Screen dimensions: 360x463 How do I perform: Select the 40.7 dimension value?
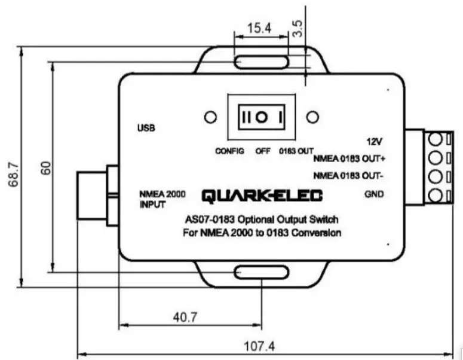pos(185,318)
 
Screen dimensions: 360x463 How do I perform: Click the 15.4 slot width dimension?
pos(259,28)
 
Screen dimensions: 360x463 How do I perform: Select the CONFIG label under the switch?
pos(230,151)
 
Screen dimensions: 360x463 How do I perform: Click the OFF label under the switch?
pos(263,151)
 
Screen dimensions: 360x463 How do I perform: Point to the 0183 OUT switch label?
pos(296,151)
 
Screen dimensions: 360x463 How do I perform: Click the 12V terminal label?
pos(374,141)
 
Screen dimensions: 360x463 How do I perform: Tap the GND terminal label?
pos(373,194)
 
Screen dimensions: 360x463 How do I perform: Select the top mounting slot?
pos(261,62)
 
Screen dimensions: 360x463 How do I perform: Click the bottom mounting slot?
pos(261,273)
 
